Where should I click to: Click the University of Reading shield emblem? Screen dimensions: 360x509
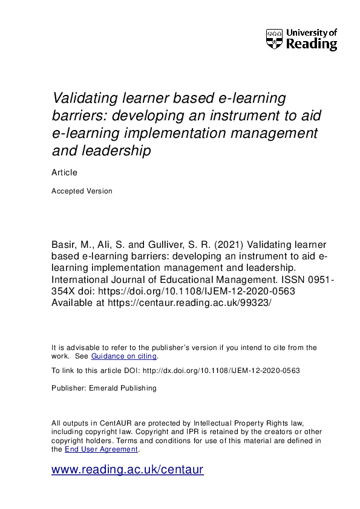tap(274, 39)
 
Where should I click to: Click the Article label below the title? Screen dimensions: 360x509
tap(65, 173)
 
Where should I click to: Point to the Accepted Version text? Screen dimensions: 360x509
tap(82, 191)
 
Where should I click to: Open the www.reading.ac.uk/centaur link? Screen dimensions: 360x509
tap(128, 470)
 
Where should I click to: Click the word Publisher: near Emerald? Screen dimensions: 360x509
tap(70, 388)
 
